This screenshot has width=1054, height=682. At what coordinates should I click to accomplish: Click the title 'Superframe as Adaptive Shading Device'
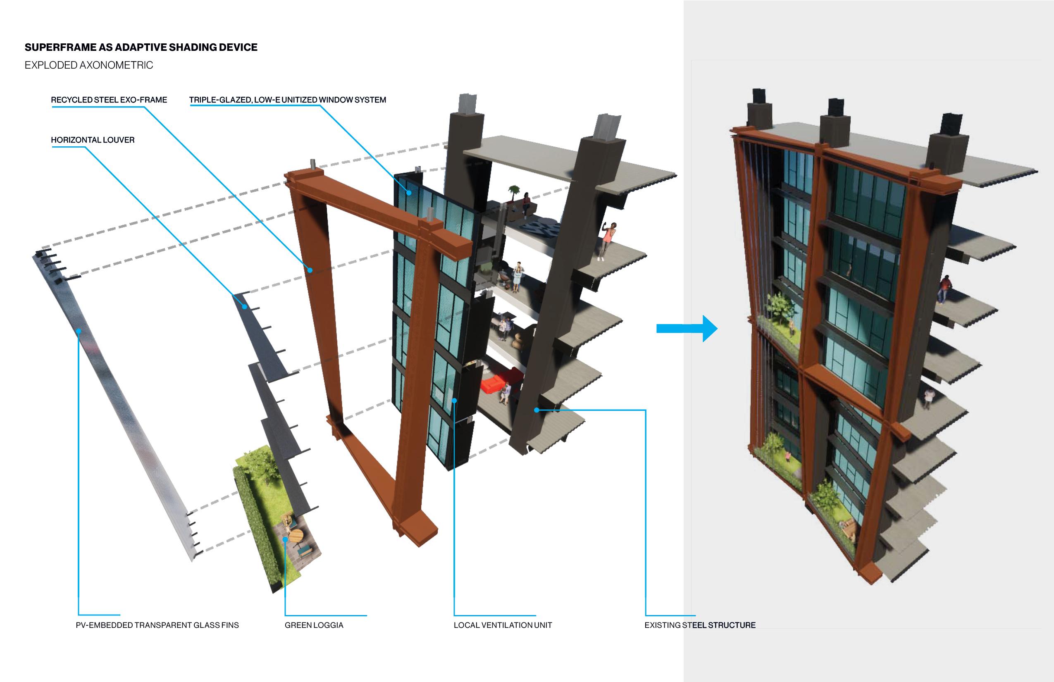tap(141, 48)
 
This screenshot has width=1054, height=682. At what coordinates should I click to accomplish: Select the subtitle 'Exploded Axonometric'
tap(88, 65)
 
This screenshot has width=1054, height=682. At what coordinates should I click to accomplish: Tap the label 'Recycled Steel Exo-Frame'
tap(109, 100)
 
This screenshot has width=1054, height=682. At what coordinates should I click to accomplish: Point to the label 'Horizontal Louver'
tap(93, 140)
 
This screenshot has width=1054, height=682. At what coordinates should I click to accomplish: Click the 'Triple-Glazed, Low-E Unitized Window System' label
tap(287, 100)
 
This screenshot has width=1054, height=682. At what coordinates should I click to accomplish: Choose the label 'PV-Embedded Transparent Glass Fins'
tap(157, 625)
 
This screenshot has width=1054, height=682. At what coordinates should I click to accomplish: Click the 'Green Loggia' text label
tap(314, 625)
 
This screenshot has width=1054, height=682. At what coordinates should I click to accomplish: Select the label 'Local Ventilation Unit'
tap(503, 625)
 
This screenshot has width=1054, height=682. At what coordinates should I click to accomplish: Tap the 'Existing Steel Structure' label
tap(700, 625)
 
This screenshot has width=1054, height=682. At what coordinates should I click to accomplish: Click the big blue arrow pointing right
tap(687, 329)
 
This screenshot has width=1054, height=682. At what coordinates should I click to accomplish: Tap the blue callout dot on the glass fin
tap(79, 330)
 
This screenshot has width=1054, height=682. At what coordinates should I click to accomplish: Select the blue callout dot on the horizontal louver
tap(244, 306)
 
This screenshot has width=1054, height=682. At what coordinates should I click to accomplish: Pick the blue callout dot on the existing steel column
tap(537, 410)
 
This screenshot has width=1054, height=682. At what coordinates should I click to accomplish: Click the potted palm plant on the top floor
tap(513, 193)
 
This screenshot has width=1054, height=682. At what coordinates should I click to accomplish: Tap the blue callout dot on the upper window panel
tap(409, 193)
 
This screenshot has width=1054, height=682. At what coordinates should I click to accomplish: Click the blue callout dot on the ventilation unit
tap(454, 401)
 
